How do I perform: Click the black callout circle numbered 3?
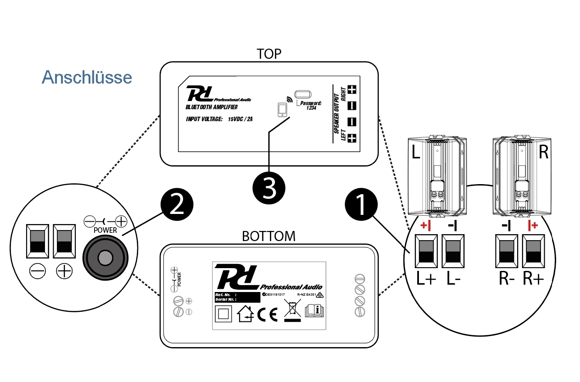pos(269,188)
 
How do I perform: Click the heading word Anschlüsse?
pos(87,77)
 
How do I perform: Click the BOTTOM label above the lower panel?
pos(268,236)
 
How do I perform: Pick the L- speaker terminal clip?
pos(453,251)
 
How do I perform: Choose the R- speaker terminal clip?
pos(506,251)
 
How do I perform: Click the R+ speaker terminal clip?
pos(533,251)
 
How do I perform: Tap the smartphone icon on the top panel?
pos(283,110)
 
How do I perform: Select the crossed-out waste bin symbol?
pos(292,311)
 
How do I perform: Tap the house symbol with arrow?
pos(245,315)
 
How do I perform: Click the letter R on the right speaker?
pos(543,152)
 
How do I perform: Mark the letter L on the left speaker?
pos(416,152)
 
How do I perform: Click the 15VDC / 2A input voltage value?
pos(240,119)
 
